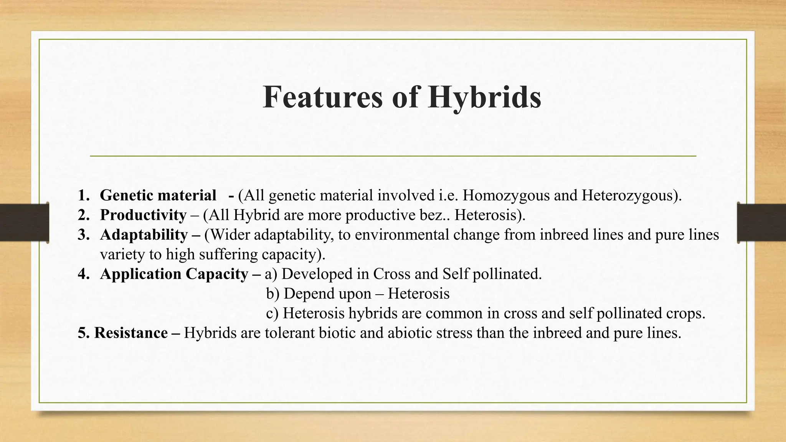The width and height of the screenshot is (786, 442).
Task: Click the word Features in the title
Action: pos(323,97)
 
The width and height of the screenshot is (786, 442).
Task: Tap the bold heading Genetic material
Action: pos(158,196)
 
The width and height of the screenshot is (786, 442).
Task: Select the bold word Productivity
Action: pos(143,215)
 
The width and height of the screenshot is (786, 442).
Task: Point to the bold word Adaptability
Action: pos(144,235)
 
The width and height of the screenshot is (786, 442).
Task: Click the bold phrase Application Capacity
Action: pos(174,274)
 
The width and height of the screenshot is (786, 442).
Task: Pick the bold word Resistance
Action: pos(131,333)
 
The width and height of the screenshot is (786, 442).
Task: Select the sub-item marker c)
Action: pos(272,313)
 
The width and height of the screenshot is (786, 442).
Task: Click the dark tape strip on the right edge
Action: pos(761,223)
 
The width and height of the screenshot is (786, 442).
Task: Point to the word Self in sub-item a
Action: pos(456,274)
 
